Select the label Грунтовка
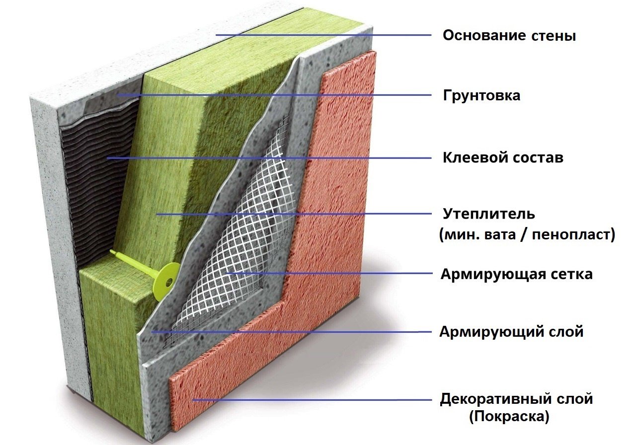coord(481,96)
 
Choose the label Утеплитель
coord(488,214)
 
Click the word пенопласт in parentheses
coord(571,235)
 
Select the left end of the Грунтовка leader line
coord(119,95)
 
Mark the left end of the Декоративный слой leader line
coord(193,400)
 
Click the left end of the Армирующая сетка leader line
coord(227,273)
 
